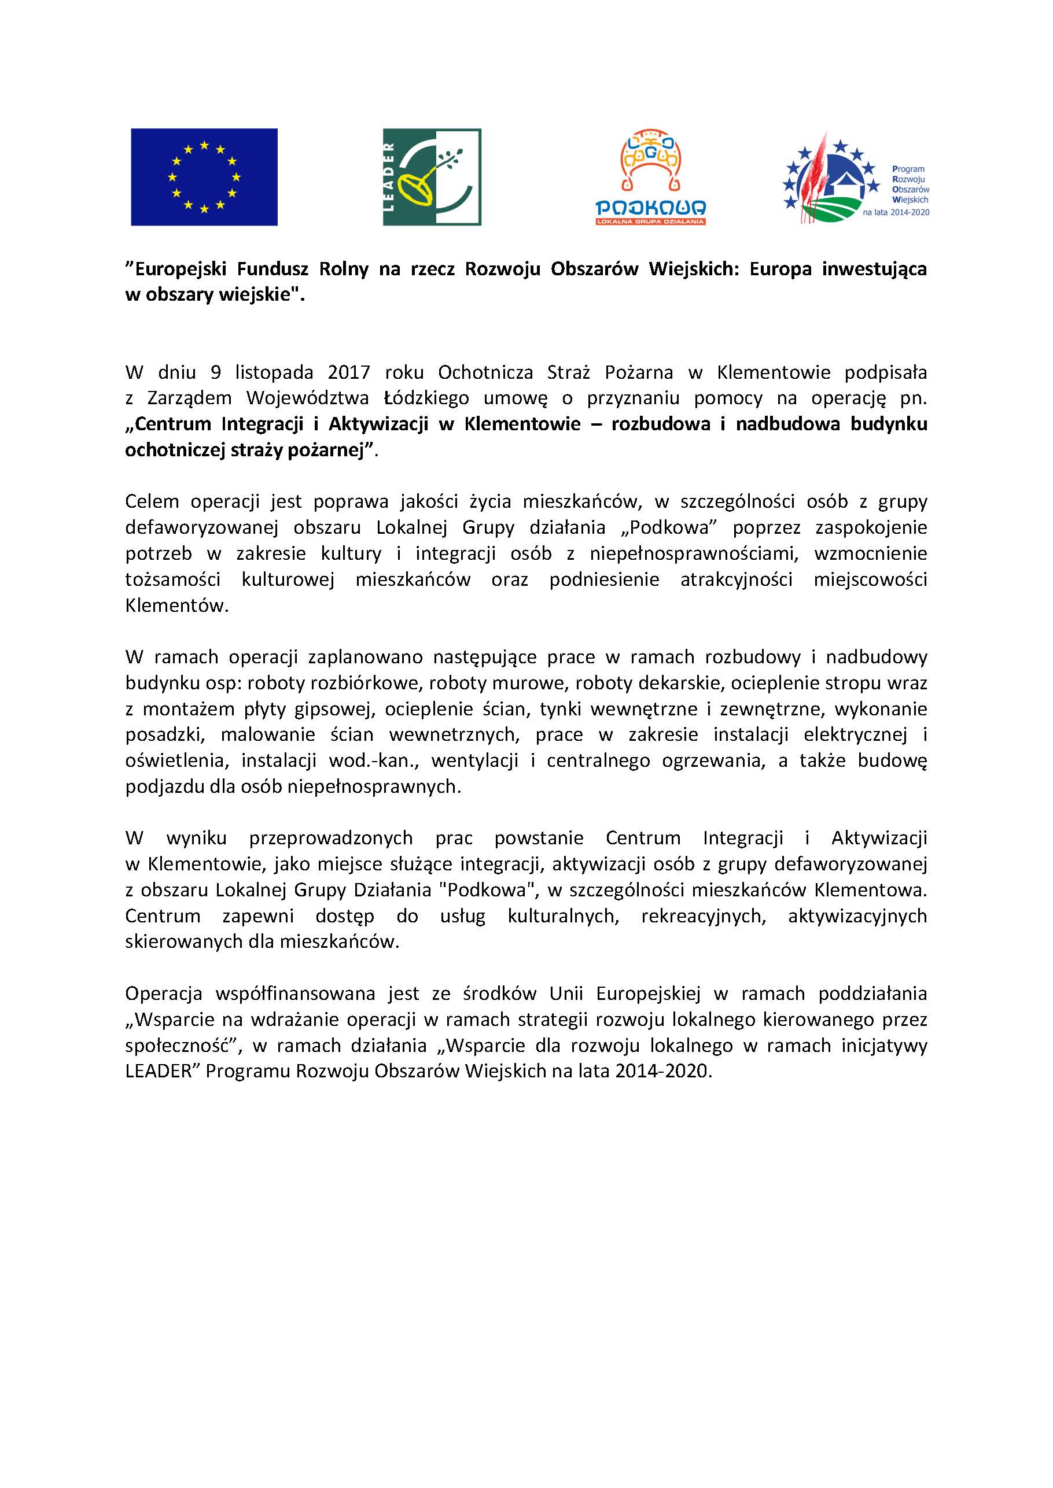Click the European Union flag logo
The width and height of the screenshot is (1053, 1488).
pyautogui.click(x=204, y=177)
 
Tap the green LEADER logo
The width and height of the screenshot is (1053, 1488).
pyautogui.click(x=431, y=177)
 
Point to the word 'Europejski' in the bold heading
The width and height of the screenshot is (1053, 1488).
pyautogui.click(x=175, y=269)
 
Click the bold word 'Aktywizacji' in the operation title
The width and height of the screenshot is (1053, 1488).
pyautogui.click(x=378, y=424)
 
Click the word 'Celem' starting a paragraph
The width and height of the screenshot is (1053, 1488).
pyautogui.click(x=150, y=501)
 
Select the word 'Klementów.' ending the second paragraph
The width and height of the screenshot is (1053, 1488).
pyautogui.click(x=176, y=605)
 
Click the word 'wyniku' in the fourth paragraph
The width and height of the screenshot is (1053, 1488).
pyautogui.click(x=197, y=838)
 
